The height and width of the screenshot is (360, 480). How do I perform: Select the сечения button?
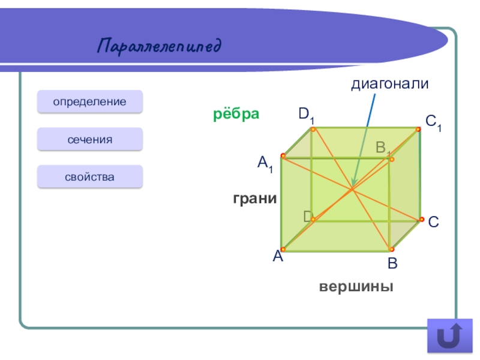click(90, 139)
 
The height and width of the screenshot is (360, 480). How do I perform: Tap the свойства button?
click(90, 177)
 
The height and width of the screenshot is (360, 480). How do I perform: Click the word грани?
click(255, 198)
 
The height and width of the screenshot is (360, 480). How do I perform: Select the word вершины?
click(356, 286)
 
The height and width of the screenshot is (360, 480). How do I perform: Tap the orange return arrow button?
click(445, 335)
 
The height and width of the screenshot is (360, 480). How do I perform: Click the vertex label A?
click(277, 257)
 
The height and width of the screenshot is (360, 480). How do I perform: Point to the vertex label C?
click(433, 222)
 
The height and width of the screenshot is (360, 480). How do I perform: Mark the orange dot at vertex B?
click(391, 249)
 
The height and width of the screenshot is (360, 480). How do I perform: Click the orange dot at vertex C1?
click(418, 128)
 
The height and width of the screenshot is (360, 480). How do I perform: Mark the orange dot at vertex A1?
click(283, 155)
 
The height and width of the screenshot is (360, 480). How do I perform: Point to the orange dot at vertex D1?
click(313, 128)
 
